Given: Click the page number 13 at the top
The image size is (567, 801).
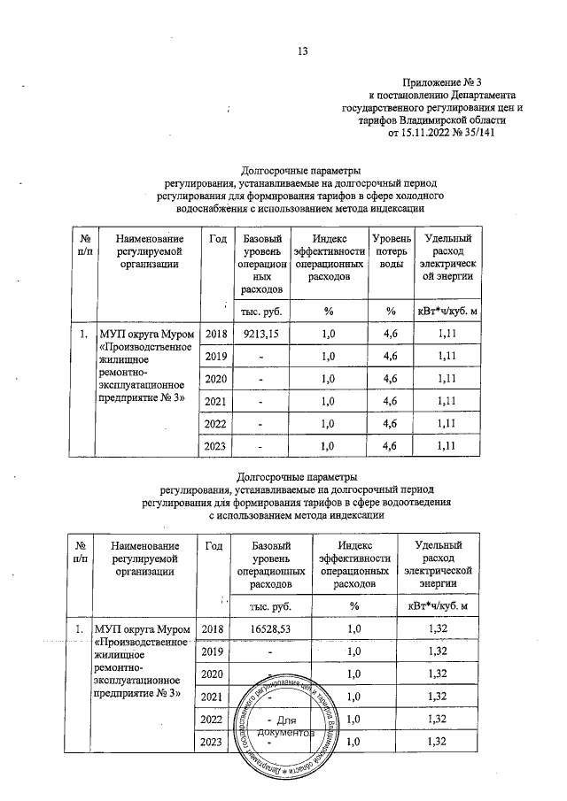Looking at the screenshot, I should [x=302, y=50].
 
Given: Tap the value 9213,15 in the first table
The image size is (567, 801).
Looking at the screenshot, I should [x=260, y=335].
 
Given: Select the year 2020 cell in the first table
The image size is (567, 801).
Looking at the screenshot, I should [x=216, y=379].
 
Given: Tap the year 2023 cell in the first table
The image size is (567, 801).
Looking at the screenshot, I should [x=216, y=445].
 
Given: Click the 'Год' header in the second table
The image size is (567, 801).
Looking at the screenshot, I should [x=214, y=546].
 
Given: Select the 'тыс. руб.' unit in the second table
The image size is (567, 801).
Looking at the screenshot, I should [x=272, y=605].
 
